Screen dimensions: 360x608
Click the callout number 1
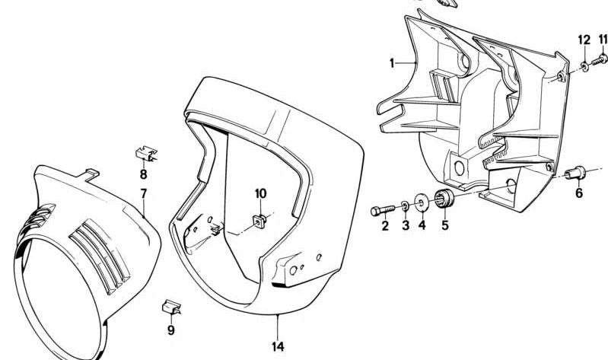pos(393,63)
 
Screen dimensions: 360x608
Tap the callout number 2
pos(385,226)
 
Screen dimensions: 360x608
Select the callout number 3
pos(405,226)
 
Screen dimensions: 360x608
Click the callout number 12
pos(583,40)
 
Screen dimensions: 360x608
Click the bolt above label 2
pos(383,208)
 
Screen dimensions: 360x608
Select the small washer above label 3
pos(404,205)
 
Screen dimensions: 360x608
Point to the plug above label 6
pos(577,174)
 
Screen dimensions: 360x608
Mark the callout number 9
pos(171,330)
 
